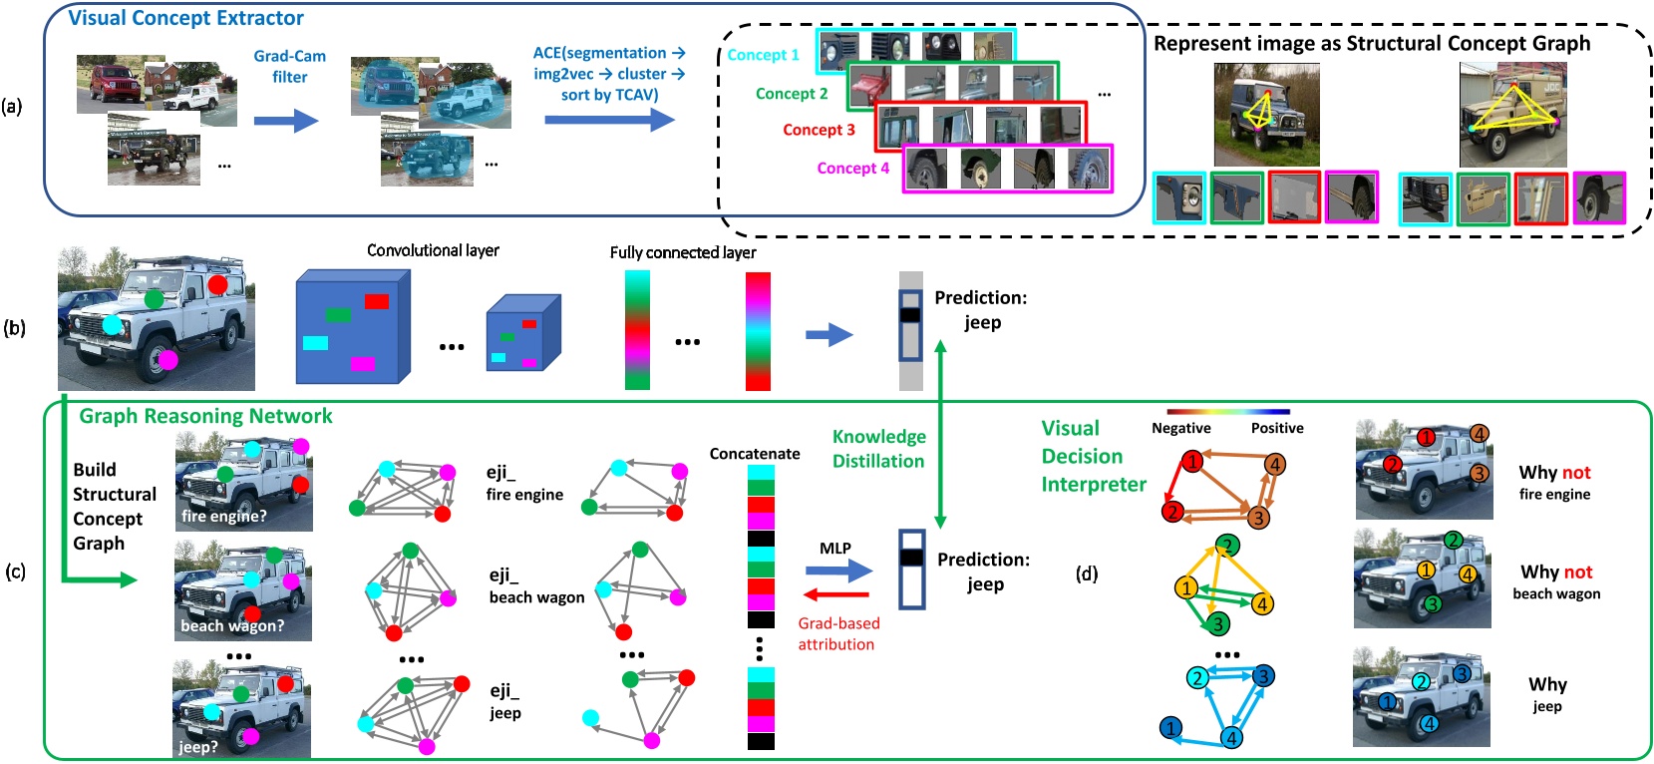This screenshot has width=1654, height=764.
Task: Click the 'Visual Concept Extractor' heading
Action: pos(185,18)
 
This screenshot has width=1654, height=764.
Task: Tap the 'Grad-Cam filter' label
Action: pos(289,66)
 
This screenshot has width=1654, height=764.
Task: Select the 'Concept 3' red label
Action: pos(819,130)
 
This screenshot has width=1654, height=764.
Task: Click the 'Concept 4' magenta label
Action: pos(852,168)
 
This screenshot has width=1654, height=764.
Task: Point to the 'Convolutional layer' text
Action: pos(433,250)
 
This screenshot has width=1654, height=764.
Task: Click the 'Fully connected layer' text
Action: pos(683,252)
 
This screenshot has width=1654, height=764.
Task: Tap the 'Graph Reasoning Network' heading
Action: pos(205,416)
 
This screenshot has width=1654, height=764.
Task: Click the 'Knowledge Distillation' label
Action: pos(878,448)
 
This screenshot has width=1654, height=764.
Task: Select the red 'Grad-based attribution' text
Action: pos(837,633)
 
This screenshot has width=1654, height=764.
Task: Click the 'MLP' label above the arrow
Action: pos(834,548)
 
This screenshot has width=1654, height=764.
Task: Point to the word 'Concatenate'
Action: pos(754,454)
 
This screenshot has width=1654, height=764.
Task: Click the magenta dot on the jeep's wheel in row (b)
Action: pos(167,360)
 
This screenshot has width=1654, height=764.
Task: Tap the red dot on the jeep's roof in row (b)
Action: pos(217,285)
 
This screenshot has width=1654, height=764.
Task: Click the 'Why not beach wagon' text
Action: pos(1555,581)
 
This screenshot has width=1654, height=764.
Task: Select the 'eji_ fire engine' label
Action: pos(524,483)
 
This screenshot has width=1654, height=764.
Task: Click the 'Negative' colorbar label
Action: pos(1180,428)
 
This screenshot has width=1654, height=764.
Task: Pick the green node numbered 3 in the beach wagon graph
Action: pos(1216,624)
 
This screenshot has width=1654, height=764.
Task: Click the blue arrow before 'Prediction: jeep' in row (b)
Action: pos(828,335)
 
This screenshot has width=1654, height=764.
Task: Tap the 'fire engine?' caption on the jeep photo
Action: pos(224,516)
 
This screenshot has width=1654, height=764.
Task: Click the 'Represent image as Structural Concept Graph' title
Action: pos(1372,43)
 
